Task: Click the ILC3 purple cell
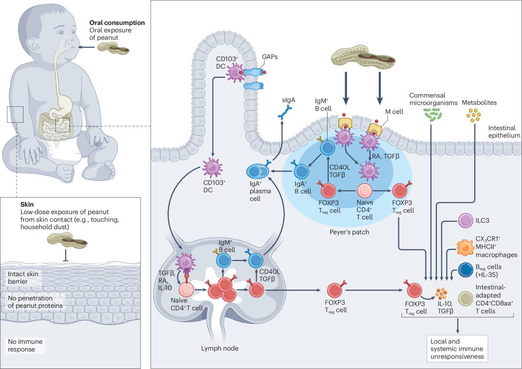tap(465, 220)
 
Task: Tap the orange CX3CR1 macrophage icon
tap(465, 247)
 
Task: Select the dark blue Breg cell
tap(465, 270)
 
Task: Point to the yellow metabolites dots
tap(474, 115)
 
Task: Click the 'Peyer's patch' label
tap(349, 232)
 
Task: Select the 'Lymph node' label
tap(220, 348)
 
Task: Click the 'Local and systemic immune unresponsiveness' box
tap(457, 349)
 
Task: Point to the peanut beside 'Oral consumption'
tap(113, 48)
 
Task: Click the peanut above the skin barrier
tap(67, 241)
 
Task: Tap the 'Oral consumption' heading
tap(117, 23)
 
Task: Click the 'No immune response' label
tap(25, 346)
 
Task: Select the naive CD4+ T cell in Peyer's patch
tap(365, 191)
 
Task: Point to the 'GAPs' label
tap(270, 57)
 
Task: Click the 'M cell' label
tap(394, 112)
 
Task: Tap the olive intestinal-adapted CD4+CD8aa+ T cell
tap(465, 299)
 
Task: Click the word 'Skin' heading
tap(27, 204)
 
